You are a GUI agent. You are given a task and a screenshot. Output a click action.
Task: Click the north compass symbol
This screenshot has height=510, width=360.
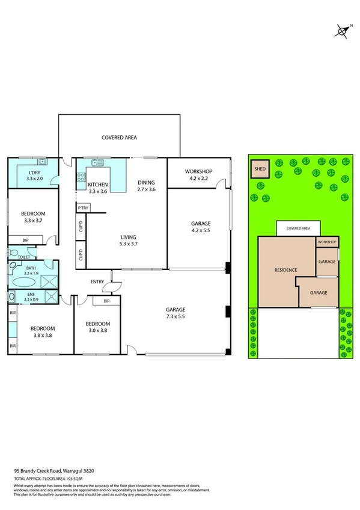(343, 30)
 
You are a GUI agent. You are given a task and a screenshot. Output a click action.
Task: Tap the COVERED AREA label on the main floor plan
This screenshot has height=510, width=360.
(119, 138)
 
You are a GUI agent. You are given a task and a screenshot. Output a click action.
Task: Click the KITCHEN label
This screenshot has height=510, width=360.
(97, 184)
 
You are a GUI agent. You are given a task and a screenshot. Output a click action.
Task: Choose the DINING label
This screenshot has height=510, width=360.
(146, 183)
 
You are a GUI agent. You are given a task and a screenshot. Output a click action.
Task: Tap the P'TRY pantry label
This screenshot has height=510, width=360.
(83, 208)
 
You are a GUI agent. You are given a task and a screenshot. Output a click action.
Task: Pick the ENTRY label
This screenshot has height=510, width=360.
(97, 281)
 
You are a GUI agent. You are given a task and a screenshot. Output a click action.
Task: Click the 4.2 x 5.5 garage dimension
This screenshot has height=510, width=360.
(201, 231)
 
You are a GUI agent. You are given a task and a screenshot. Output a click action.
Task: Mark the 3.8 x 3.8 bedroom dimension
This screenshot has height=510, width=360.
(43, 336)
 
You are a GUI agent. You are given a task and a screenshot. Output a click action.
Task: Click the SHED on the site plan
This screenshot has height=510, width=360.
(260, 170)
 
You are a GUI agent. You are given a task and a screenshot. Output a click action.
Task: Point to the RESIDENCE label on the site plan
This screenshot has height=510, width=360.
(285, 270)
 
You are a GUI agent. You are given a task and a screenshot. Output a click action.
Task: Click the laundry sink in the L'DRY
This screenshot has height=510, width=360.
(42, 162)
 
